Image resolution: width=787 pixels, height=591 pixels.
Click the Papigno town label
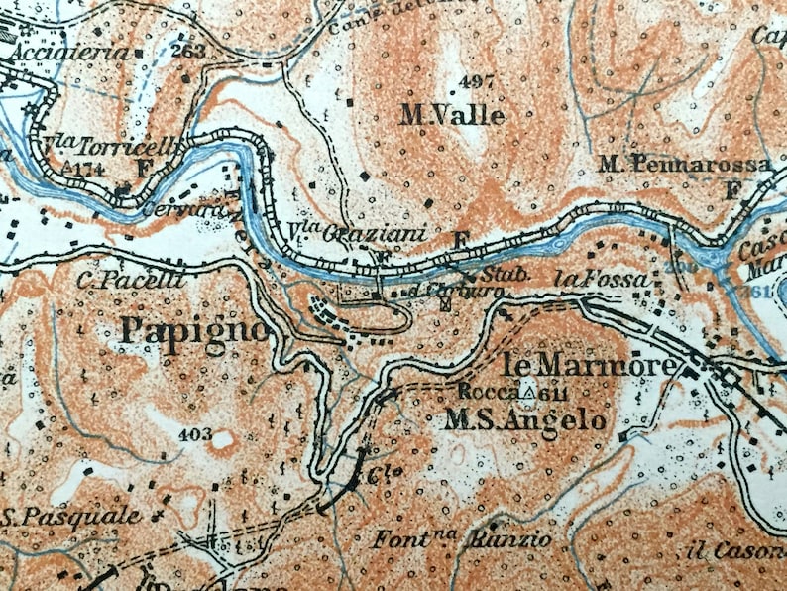[193, 330]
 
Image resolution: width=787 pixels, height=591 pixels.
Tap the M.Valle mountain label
[452, 116]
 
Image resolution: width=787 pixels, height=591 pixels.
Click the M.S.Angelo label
[524, 420]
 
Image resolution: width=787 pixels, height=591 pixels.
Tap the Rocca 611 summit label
[507, 392]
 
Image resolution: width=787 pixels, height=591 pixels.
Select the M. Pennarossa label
[685, 163]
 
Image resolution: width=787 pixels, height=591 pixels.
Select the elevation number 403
[195, 433]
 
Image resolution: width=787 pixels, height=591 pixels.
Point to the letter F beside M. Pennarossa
[733, 189]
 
